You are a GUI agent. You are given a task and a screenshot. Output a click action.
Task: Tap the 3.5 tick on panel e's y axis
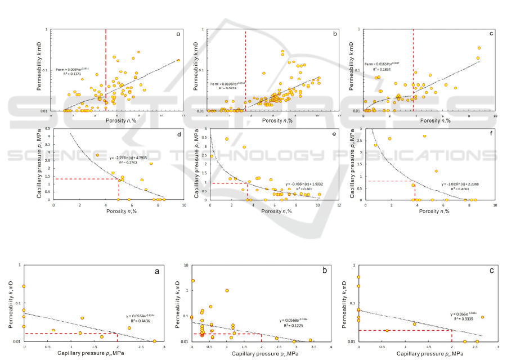point(205,137)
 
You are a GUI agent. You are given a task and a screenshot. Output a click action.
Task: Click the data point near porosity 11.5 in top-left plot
point(178,60)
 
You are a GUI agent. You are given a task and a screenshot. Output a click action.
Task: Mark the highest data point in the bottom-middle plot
point(192,281)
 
